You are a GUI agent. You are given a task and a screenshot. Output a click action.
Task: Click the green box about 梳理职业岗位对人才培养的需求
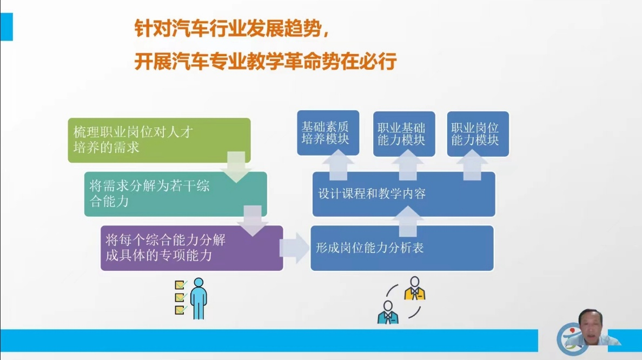(x=159, y=140)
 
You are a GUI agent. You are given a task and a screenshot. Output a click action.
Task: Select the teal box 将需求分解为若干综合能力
(x=175, y=194)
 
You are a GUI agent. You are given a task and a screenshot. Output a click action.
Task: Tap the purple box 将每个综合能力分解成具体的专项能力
(x=191, y=248)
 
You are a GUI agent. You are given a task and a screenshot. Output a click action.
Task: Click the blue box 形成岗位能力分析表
(x=402, y=248)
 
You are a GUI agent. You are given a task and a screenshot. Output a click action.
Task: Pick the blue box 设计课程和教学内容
(x=403, y=194)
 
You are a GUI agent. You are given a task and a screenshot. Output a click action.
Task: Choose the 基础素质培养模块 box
(x=328, y=132)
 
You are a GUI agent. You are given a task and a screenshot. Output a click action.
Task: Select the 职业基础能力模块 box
(x=404, y=134)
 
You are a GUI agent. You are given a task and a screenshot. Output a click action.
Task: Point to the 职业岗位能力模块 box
(x=478, y=134)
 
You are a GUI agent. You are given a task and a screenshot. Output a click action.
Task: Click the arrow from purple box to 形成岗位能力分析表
(x=294, y=248)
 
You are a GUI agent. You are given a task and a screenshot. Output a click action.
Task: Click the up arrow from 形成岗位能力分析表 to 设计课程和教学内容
(x=408, y=221)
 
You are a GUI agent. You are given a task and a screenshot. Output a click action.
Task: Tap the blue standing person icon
(x=198, y=298)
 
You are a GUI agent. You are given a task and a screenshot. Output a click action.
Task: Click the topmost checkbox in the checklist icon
(x=180, y=284)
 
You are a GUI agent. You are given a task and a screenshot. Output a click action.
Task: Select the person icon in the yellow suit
(x=415, y=289)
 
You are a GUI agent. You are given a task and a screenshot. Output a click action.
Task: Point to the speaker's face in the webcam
(x=590, y=326)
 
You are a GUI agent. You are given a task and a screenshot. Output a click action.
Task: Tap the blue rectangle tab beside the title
(x=6, y=26)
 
